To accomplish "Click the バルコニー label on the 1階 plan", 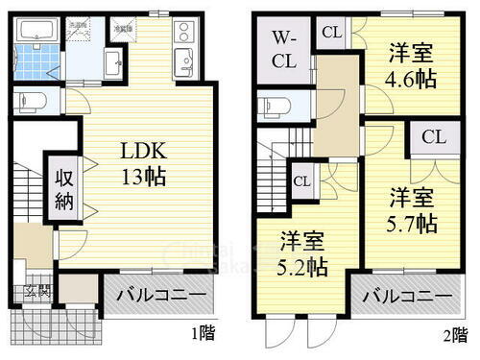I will point(159,295).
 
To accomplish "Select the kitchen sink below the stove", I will point(181,64).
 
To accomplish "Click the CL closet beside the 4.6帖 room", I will point(332,32).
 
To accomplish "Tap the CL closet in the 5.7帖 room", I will point(433,136).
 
